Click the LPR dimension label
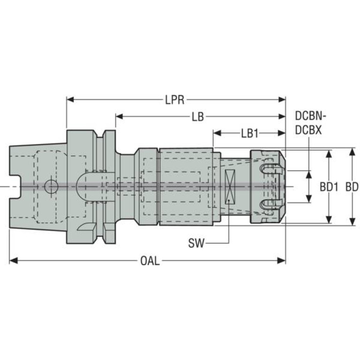click(x=175, y=100)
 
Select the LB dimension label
click(x=198, y=117)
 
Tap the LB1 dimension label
click(x=250, y=133)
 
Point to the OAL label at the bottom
click(x=150, y=261)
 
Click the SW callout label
click(x=196, y=244)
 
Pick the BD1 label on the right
click(x=329, y=187)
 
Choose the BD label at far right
click(x=352, y=187)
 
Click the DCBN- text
click(x=311, y=116)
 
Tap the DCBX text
click(x=308, y=130)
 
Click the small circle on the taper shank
click(x=51, y=186)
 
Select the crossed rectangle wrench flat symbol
click(x=230, y=187)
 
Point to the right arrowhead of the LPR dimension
click(x=282, y=100)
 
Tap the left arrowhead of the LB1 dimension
click(x=217, y=133)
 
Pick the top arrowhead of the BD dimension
click(x=352, y=152)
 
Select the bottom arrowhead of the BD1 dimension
click(x=329, y=219)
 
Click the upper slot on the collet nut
click(x=271, y=169)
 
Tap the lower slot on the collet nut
click(x=271, y=204)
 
